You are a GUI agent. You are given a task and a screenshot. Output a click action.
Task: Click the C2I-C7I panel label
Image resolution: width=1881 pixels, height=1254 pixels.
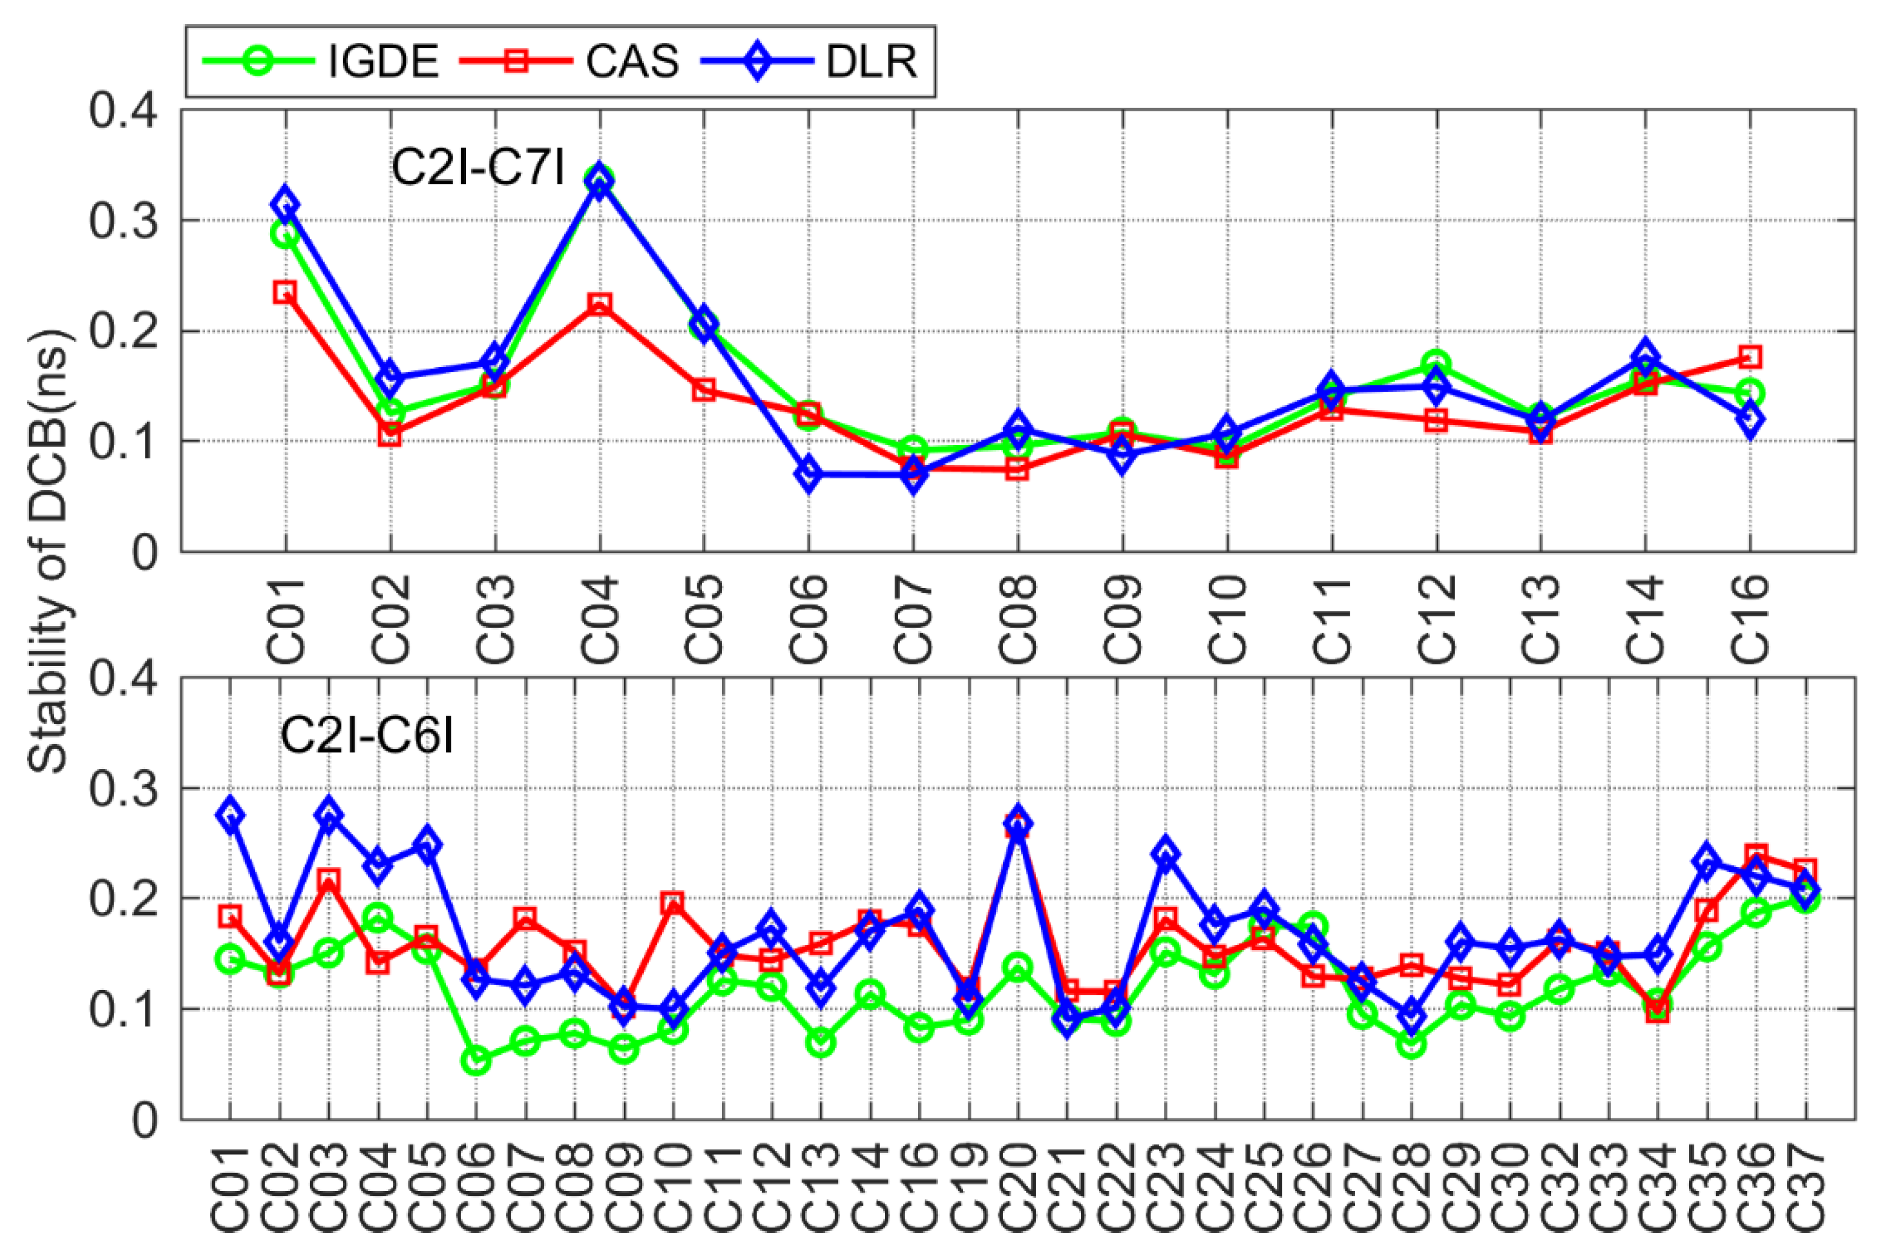click(478, 169)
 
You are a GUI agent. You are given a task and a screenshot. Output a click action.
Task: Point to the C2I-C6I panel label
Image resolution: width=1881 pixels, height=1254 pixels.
click(366, 736)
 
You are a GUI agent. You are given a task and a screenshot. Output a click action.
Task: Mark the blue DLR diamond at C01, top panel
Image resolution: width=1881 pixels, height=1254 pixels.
click(286, 205)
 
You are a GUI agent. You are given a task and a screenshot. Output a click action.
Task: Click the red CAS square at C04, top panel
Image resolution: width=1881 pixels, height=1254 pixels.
click(600, 304)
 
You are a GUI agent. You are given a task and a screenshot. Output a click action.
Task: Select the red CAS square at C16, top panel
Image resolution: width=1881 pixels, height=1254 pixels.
click(1750, 357)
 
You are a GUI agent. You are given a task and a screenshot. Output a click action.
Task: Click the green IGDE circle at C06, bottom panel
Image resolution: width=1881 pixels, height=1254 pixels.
click(476, 1061)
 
